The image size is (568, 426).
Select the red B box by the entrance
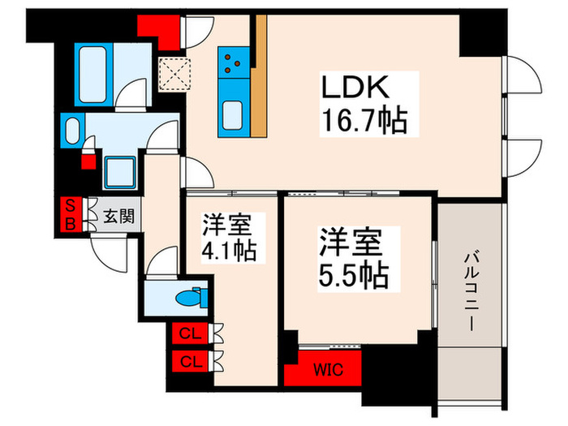(x=70, y=225)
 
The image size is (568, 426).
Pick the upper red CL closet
(x=189, y=333)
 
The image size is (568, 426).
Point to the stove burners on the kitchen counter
(x=232, y=59)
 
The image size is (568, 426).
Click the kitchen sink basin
(x=231, y=112)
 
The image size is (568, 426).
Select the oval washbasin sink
(x=72, y=129)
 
